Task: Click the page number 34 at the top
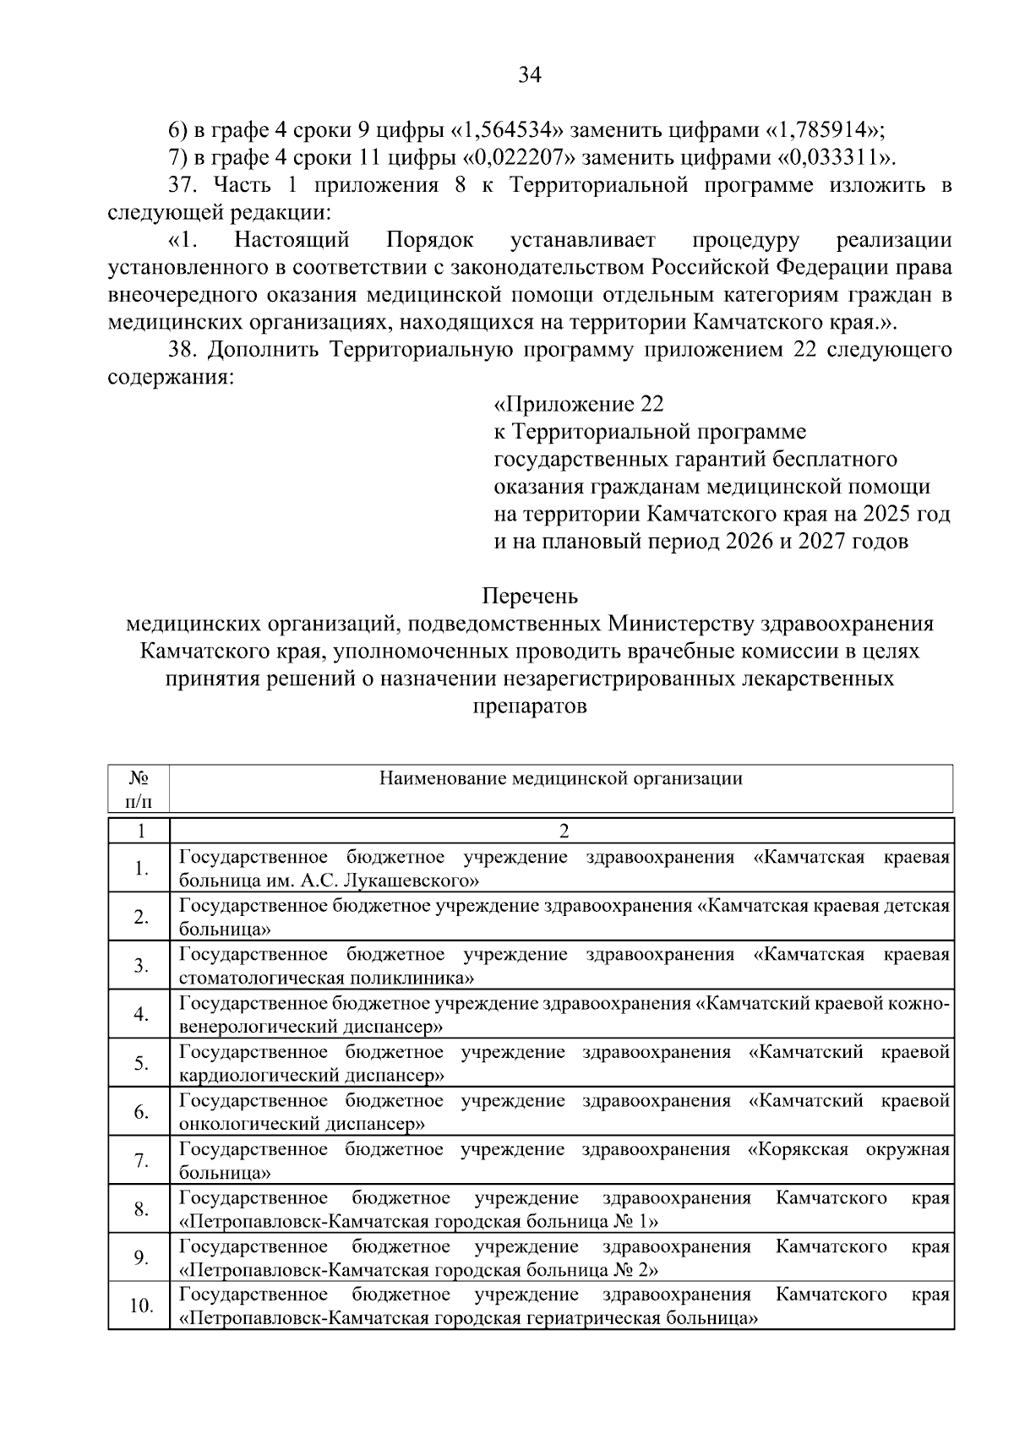point(529,75)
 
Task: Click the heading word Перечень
point(530,597)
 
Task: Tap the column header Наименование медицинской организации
point(561,778)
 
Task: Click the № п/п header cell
point(139,788)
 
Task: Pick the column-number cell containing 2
point(564,831)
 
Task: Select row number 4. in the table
point(141,1014)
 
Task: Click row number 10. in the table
point(141,1306)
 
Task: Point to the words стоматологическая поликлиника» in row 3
point(326,979)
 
